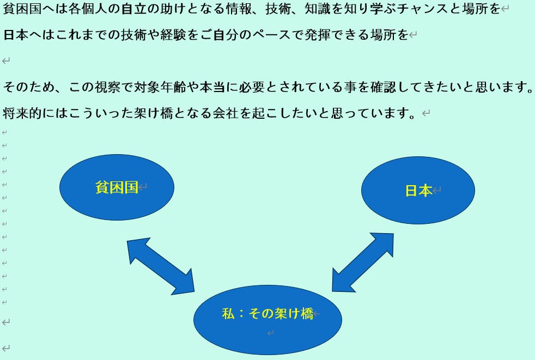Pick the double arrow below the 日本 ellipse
(x=363, y=263)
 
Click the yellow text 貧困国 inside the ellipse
(x=117, y=187)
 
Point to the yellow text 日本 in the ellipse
(x=418, y=191)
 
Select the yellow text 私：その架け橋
(x=267, y=314)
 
